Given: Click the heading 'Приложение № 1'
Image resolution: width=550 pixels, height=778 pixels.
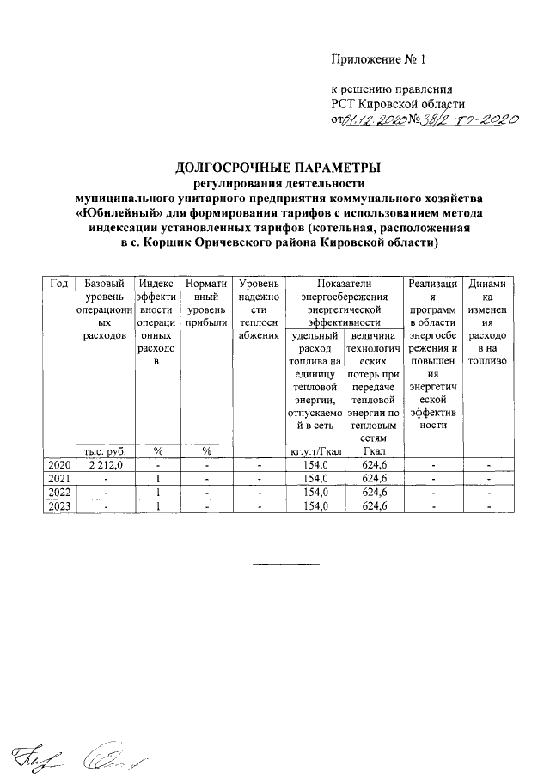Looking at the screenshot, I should point(379,60).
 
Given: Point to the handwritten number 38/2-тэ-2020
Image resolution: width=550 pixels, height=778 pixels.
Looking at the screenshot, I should point(465,120).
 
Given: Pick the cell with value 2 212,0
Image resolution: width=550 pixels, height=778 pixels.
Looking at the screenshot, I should point(104,465).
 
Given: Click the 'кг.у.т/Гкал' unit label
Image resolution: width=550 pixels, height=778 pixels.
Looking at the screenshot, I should point(316,451).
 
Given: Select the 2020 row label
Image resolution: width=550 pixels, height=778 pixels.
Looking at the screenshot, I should point(58,465).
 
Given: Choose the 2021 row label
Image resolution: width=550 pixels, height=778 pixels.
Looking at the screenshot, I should point(58,479).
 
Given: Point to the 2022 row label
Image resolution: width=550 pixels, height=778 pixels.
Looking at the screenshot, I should point(58,493).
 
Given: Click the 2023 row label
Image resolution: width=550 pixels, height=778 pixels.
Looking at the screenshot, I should point(58,506).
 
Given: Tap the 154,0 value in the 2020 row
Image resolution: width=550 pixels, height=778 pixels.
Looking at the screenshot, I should point(316,465).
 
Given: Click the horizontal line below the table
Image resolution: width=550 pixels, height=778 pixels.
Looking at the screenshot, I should point(285,564).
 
